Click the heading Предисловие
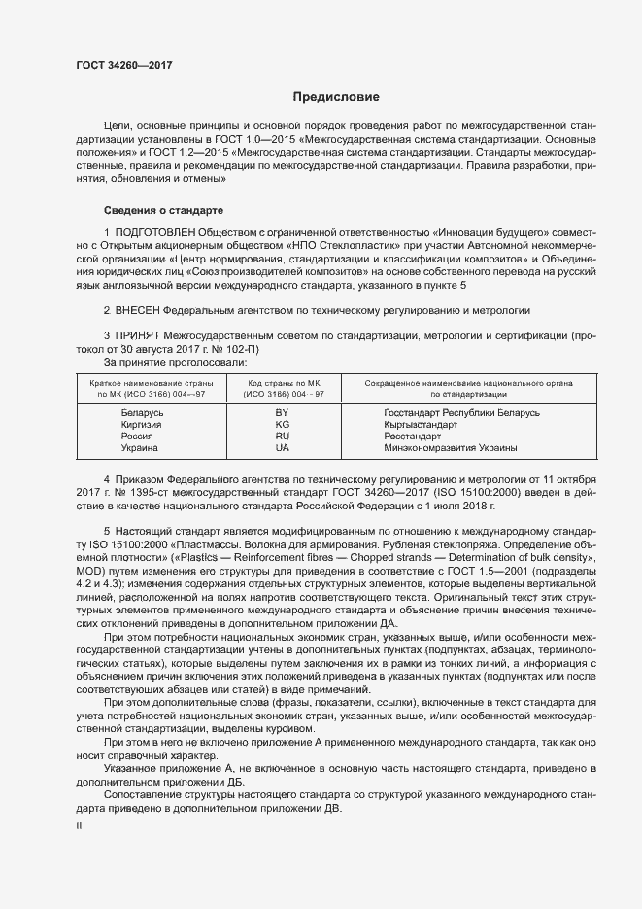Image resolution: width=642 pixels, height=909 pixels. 337,97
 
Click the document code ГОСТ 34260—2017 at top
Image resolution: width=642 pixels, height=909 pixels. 126,66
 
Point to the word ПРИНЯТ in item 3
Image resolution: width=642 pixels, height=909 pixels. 138,335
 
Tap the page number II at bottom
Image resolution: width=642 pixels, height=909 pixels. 80,825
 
